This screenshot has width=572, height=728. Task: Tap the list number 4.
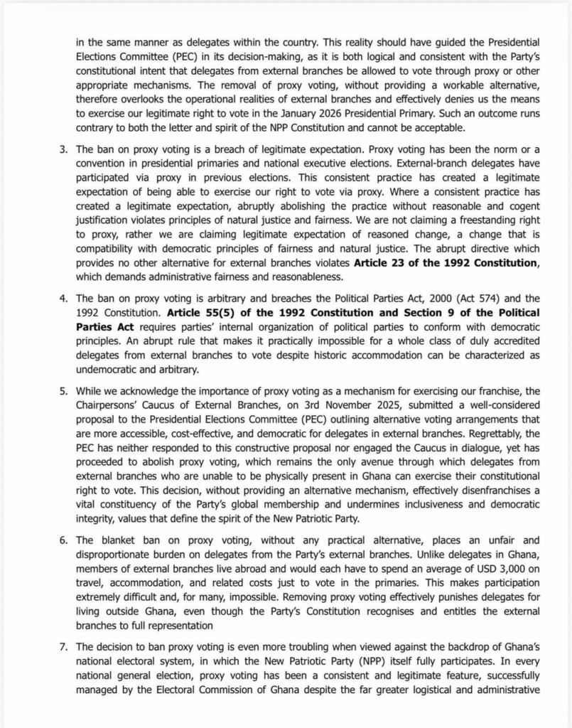[x=63, y=298]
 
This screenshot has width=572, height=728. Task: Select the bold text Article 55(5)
[x=207, y=312]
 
